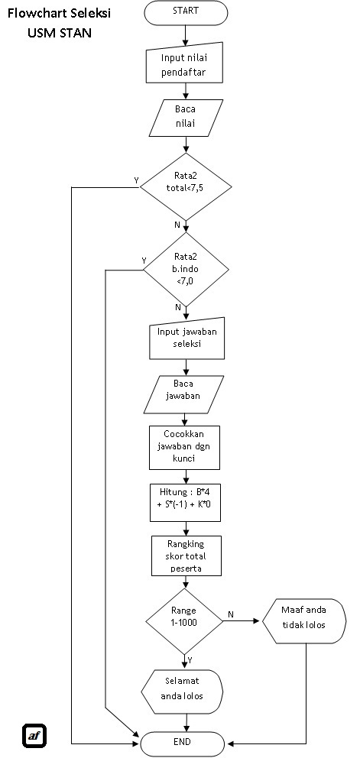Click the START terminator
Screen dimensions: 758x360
pos(185,12)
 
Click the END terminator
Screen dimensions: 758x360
pos(183,742)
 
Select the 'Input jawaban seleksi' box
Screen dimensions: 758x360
pos(186,338)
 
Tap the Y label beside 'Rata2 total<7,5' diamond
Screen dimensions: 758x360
pos(136,180)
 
